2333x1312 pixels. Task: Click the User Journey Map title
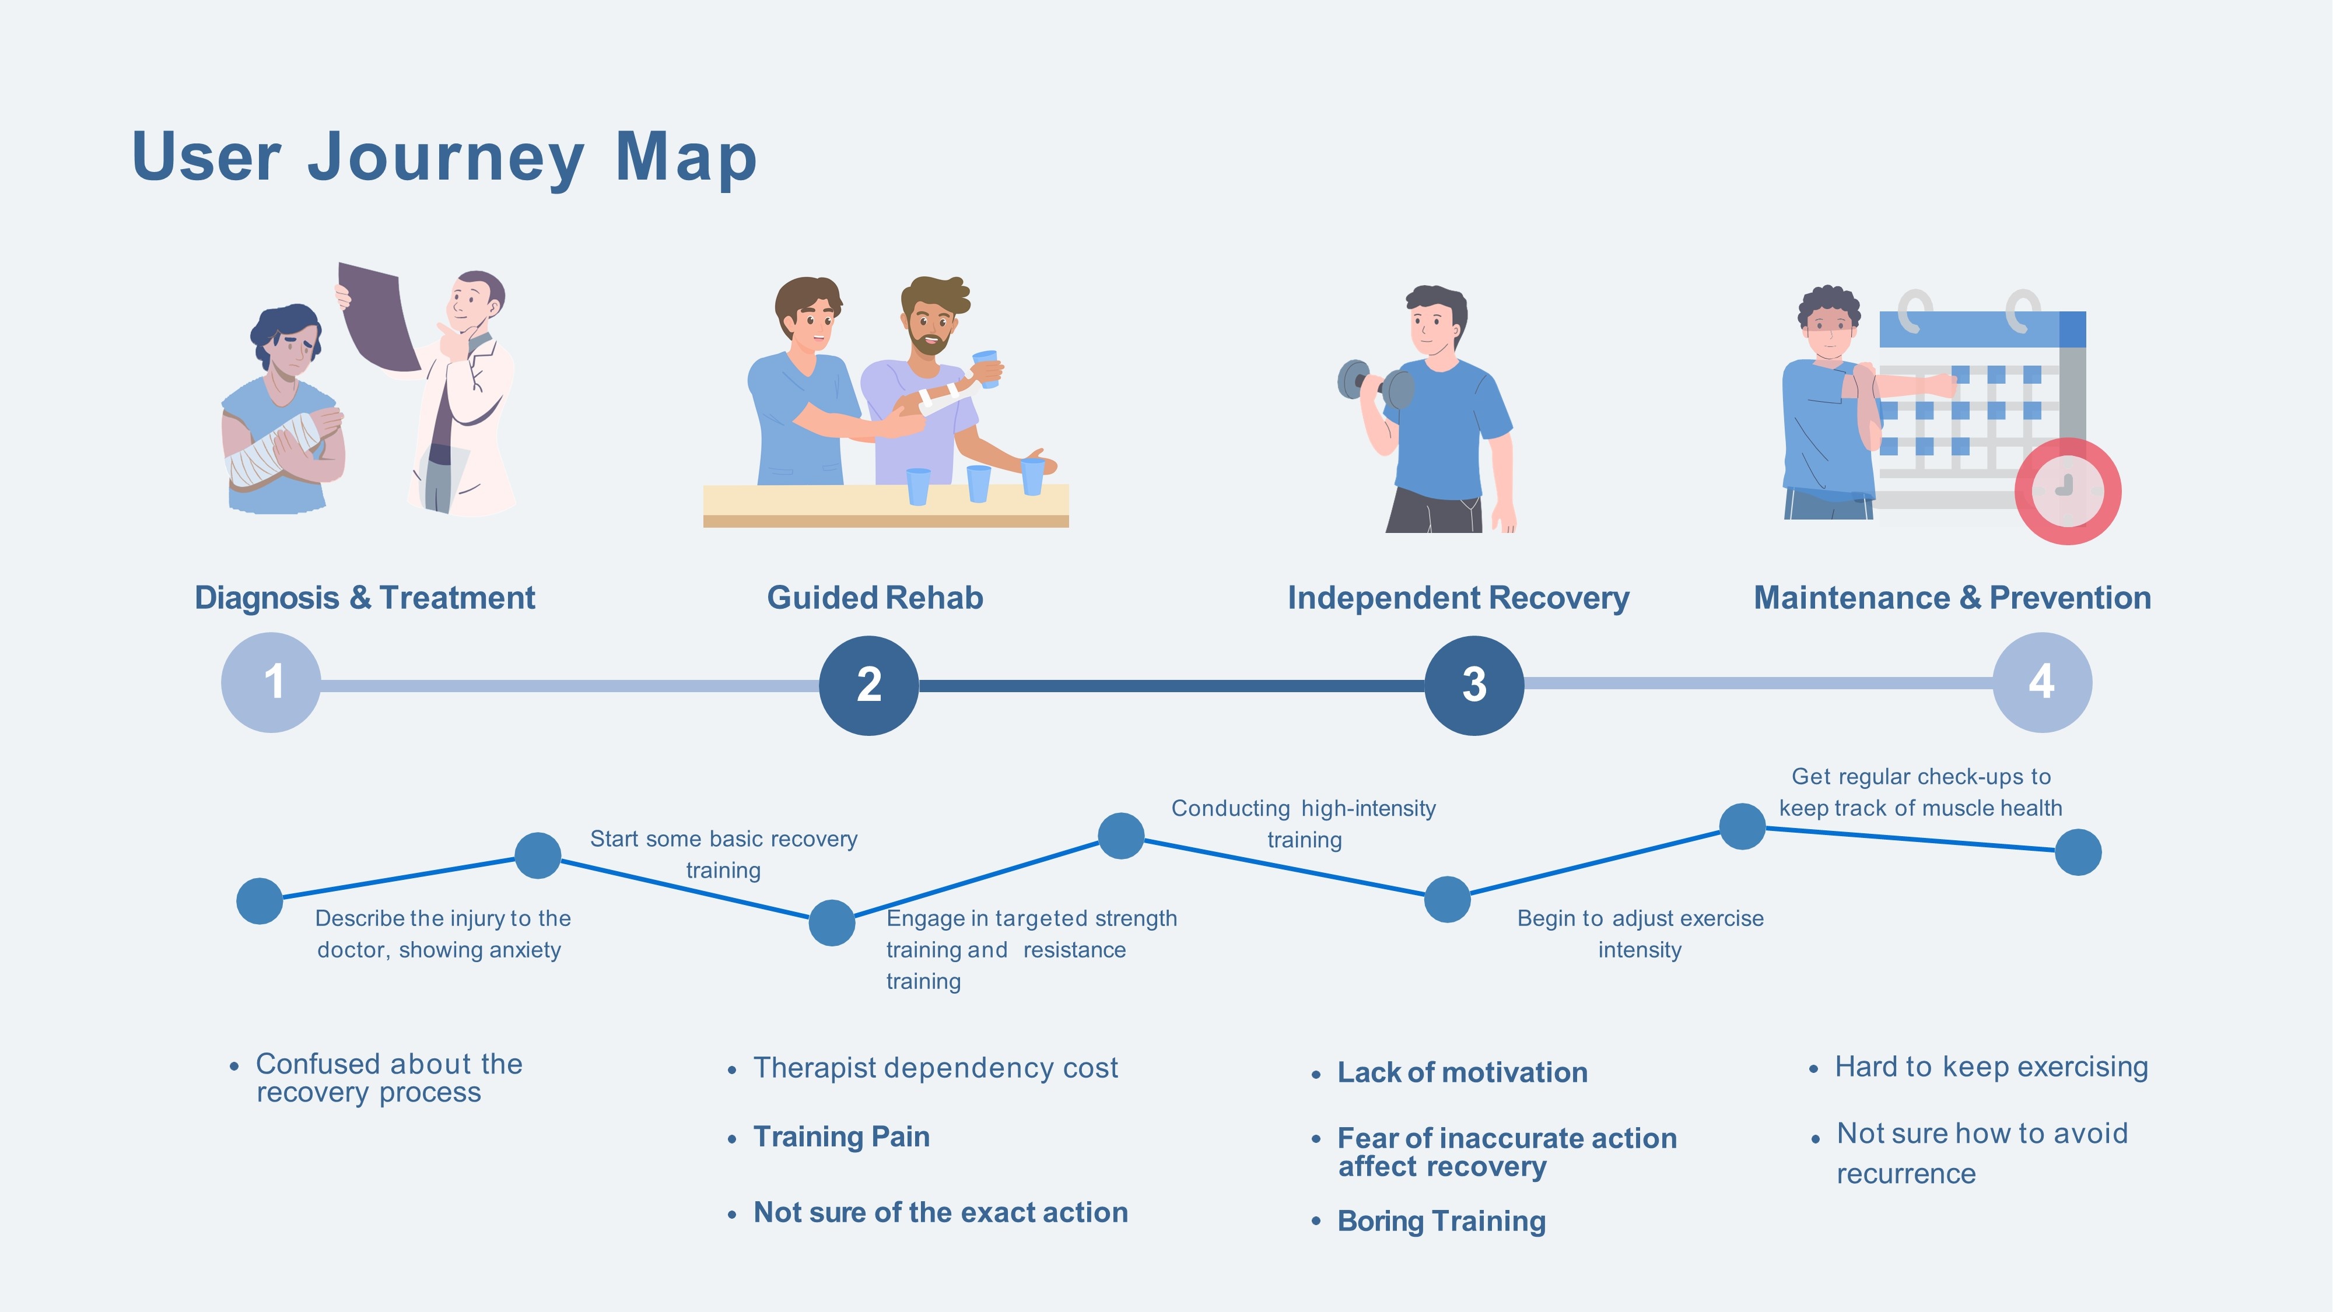[x=444, y=157]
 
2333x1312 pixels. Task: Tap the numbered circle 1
[x=271, y=683]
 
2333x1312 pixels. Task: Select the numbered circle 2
[x=868, y=685]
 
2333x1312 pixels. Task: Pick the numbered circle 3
[x=1474, y=685]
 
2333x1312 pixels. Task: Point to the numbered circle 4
[x=2043, y=683]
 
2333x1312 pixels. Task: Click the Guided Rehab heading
[x=875, y=598]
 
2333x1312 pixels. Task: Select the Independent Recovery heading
[x=1458, y=598]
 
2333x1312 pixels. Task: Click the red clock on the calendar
[x=2068, y=491]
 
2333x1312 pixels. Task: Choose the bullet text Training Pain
[x=842, y=1136]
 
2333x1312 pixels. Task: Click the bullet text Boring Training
[x=1442, y=1222]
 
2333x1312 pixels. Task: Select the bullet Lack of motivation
[x=1463, y=1073]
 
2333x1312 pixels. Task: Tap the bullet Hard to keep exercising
[x=1992, y=1068]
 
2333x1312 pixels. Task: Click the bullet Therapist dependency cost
[x=936, y=1068]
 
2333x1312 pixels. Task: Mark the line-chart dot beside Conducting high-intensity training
[x=1121, y=836]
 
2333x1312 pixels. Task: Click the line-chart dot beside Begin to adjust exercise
[x=1447, y=899]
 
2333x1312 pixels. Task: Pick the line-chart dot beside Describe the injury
[x=260, y=901]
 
